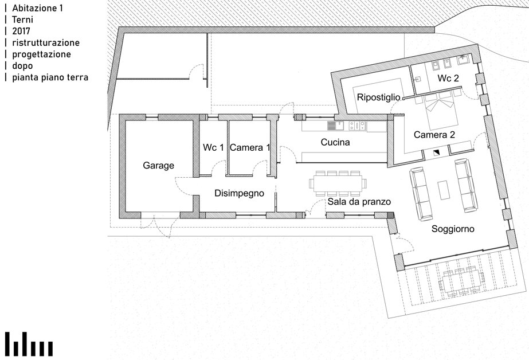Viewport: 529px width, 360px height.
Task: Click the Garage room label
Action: coord(158,166)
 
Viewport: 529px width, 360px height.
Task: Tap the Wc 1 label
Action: coord(213,147)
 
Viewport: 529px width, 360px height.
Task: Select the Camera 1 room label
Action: coord(250,147)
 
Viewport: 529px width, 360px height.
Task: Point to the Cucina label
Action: coord(335,142)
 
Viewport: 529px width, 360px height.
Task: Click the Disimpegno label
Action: coord(239,193)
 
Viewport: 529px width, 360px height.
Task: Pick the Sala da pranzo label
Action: coord(359,202)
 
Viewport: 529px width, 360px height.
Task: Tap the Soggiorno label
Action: coord(453,229)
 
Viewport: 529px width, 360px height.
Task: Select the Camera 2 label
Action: coord(434,135)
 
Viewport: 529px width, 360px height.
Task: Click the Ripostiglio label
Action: coord(378,97)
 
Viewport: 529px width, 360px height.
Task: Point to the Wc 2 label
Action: coord(448,79)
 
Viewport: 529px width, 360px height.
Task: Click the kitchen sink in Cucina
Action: coord(335,126)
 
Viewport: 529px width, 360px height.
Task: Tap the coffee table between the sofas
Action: coord(443,190)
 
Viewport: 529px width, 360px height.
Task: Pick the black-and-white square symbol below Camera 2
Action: coord(437,152)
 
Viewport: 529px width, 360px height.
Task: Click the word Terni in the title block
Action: coord(22,19)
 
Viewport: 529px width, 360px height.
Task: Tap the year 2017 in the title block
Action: coord(21,31)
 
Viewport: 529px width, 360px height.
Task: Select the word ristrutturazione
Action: coord(46,43)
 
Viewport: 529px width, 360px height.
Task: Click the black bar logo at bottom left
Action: coord(29,344)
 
